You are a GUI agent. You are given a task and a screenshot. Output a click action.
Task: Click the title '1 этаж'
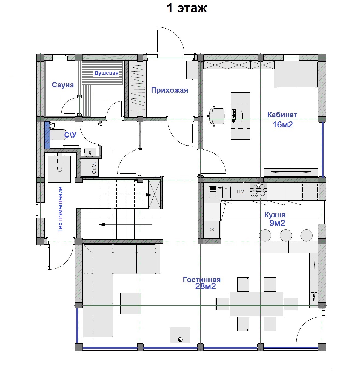pyautogui.click(x=187, y=8)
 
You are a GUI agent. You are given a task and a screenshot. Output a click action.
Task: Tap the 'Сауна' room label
pyautogui.click(x=63, y=85)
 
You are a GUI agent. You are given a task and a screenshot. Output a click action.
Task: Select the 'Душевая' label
pyautogui.click(x=106, y=73)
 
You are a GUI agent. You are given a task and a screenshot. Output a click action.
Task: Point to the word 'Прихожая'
pyautogui.click(x=169, y=90)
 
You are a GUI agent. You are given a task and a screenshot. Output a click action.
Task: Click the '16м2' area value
pyautogui.click(x=282, y=125)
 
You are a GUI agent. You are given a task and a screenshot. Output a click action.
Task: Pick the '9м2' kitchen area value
pyautogui.click(x=277, y=223)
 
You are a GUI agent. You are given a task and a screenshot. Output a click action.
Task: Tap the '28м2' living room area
pyautogui.click(x=205, y=286)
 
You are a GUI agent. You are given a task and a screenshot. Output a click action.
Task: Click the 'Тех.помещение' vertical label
pyautogui.click(x=61, y=210)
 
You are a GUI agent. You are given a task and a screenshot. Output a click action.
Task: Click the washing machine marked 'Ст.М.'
pyautogui.click(x=90, y=168)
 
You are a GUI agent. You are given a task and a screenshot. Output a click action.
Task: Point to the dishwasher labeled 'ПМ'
pyautogui.click(x=241, y=191)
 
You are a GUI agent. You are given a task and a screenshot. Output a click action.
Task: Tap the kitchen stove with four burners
pyautogui.click(x=259, y=190)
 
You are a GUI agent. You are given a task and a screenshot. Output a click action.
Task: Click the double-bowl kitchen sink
pyautogui.click(x=220, y=192)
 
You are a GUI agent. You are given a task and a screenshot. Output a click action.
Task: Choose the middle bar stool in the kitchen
pyautogui.click(x=286, y=235)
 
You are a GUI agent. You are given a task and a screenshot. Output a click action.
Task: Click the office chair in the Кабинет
pyautogui.click(x=217, y=116)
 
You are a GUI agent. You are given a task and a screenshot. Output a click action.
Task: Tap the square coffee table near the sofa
pyautogui.click(x=131, y=303)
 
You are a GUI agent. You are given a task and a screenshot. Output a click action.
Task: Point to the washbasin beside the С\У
pyautogui.click(x=90, y=152)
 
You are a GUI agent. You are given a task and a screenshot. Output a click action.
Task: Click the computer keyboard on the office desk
pyautogui.click(x=234, y=116)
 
